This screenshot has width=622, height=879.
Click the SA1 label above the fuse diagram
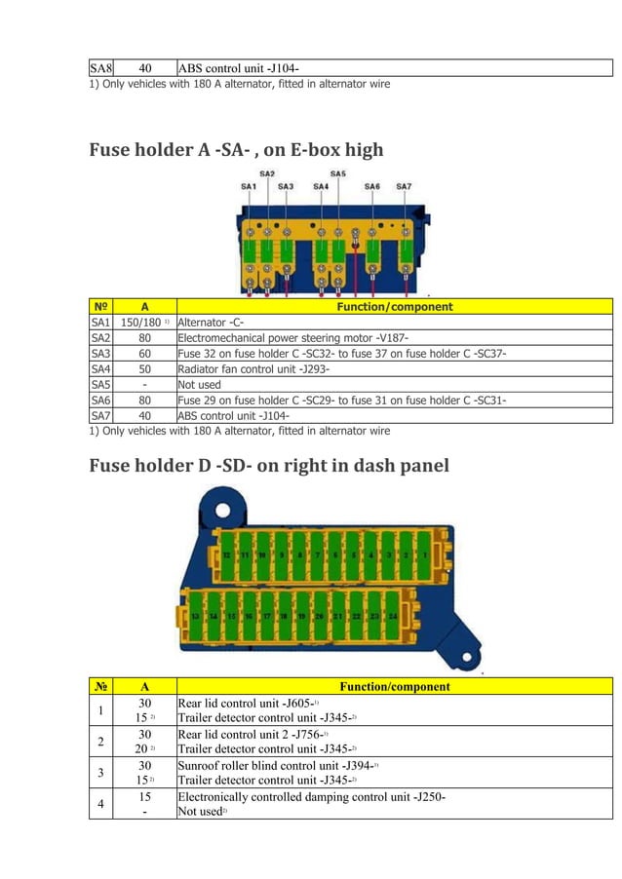(x=249, y=185)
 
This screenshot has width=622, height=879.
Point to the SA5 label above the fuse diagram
(x=338, y=174)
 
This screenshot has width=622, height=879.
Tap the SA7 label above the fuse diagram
(x=404, y=185)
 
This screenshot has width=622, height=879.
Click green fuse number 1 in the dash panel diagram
(x=425, y=555)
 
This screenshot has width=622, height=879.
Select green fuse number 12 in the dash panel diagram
(x=226, y=555)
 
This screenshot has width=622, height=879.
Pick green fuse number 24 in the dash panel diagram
(x=392, y=616)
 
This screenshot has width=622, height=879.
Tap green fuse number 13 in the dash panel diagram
(x=196, y=616)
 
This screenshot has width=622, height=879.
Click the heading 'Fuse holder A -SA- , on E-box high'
(x=236, y=149)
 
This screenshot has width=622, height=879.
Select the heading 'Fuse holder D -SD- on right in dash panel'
(x=269, y=465)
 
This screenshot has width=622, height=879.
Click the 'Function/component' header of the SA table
(x=394, y=307)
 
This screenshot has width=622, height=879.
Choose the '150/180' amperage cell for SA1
(x=144, y=323)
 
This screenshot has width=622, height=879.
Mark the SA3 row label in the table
(x=100, y=354)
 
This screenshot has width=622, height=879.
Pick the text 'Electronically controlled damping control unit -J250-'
(x=312, y=796)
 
